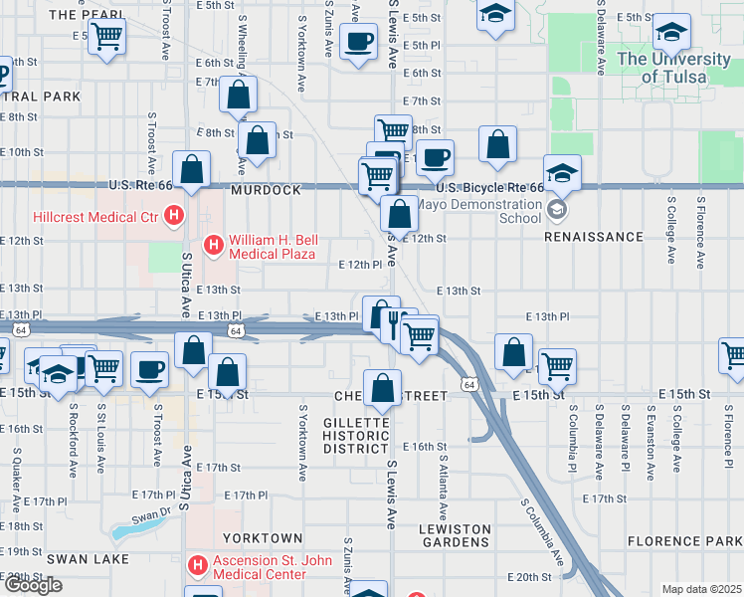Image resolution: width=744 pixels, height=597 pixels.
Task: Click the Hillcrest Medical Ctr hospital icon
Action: coord(175,215)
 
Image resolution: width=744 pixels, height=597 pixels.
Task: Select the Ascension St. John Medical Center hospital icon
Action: coord(197,566)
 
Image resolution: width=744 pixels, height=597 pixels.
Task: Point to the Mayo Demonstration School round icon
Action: coord(557,211)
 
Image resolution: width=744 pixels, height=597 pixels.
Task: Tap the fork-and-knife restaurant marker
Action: coord(394,320)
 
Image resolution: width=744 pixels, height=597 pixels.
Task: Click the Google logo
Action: coord(33,585)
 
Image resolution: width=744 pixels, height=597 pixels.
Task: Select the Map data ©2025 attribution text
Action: coord(702,589)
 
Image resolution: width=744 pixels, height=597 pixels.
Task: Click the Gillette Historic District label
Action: coord(356,436)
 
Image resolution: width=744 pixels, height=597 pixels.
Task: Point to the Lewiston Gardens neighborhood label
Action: coord(455,536)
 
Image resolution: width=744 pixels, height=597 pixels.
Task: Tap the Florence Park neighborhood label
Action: coord(684,541)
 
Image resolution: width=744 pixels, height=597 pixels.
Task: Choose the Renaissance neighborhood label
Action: coord(594,238)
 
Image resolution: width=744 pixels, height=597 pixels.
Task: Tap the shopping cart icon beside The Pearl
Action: coord(106,38)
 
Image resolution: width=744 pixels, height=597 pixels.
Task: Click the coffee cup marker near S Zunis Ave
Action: coord(357,41)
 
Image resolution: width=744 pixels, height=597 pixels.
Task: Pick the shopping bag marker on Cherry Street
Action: coord(382,388)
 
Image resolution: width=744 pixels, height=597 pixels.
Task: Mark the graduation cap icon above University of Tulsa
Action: coord(671,31)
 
